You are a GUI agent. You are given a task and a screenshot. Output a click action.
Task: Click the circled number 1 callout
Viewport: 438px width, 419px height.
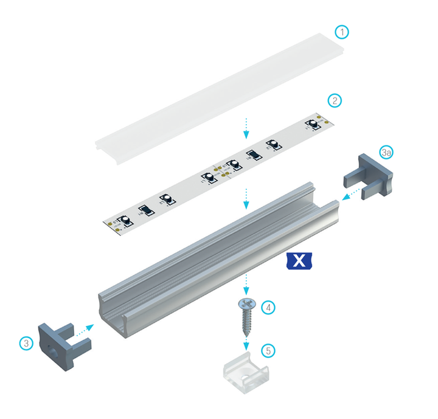343,32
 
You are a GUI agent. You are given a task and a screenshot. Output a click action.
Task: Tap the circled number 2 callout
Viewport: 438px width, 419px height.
334,100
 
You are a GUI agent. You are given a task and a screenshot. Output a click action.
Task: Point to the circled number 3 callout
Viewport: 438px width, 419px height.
26,343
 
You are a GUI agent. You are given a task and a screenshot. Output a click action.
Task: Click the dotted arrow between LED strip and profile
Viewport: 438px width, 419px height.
246,198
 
